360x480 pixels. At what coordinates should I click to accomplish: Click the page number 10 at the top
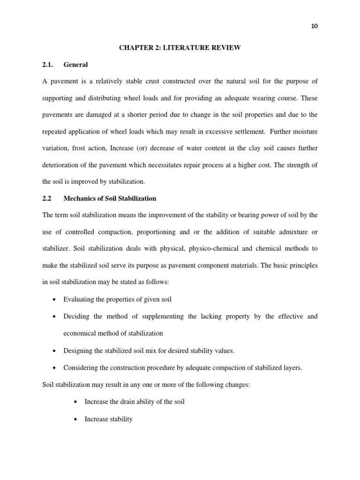pyautogui.click(x=314, y=26)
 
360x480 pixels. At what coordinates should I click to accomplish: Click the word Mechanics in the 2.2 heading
pyautogui.click(x=80, y=198)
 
